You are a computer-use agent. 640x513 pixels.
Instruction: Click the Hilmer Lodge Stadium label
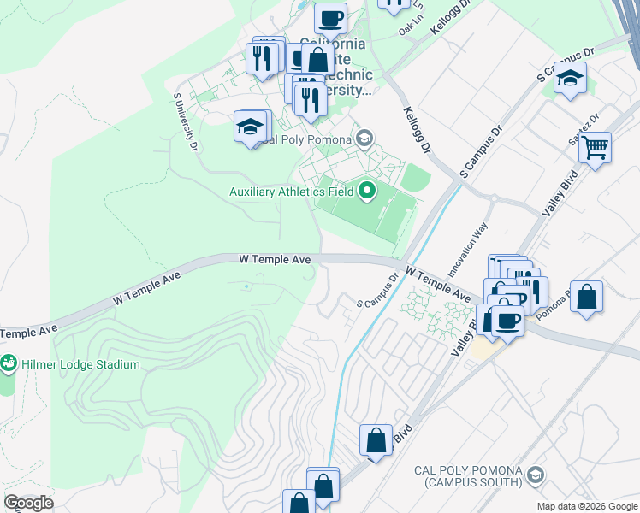point(80,364)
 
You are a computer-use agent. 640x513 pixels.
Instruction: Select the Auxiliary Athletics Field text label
point(291,192)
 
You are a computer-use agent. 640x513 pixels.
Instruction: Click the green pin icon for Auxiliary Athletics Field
point(368,191)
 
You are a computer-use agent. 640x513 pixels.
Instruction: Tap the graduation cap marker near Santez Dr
point(569,80)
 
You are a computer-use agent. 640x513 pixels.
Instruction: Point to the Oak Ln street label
point(412,30)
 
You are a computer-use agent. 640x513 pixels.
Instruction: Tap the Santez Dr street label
point(582,127)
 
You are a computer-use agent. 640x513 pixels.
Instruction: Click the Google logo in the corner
point(28,503)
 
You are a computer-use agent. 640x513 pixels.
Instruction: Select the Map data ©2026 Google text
point(588,506)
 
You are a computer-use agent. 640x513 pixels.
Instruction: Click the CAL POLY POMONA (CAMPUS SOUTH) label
point(467,477)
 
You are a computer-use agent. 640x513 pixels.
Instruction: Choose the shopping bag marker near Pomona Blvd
point(586,298)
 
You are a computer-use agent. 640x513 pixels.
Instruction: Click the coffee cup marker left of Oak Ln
point(329,18)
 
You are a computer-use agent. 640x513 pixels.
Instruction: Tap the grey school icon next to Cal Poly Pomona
point(364,139)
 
